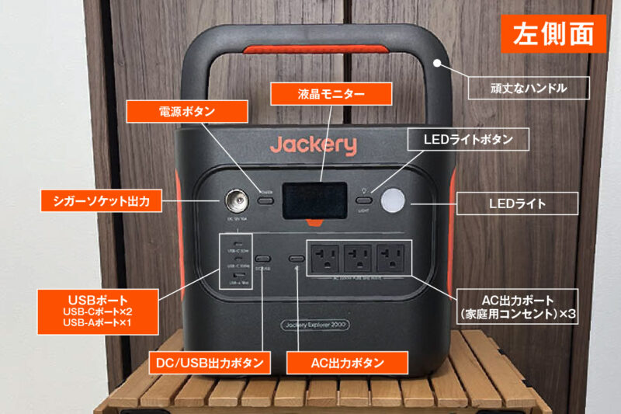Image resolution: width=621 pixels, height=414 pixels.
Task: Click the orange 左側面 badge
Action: (x=553, y=34)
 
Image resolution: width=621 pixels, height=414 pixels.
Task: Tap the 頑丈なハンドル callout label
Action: (x=528, y=88)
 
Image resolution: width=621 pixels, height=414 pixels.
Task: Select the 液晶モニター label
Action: (x=329, y=95)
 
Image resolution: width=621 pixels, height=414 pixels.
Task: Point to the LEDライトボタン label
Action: (x=468, y=140)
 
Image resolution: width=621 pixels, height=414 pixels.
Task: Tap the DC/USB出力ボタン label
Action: (x=210, y=362)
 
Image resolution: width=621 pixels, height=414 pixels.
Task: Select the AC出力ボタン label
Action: (x=346, y=362)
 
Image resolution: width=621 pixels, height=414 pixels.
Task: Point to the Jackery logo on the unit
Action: (x=314, y=144)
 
